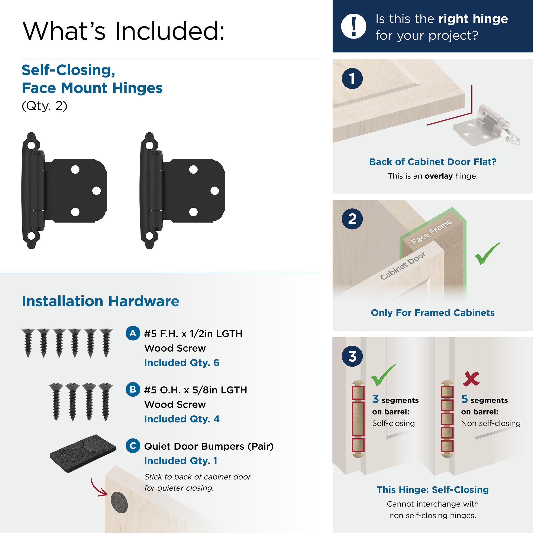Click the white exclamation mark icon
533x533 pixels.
pos(353,26)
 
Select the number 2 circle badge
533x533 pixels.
pos(352,219)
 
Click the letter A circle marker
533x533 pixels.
pos(133,333)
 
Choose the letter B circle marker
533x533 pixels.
pos(133,389)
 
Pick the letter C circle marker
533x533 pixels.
pos(133,446)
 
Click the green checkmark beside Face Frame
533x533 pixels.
pos(487,254)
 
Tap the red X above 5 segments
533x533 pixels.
pos(471,379)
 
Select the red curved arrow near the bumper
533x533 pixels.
pos(98,488)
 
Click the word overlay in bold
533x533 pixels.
pos(438,176)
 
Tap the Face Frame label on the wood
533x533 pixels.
pos(432,232)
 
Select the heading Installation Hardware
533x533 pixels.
pos(100,301)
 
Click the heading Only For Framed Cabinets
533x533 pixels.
pos(433,313)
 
